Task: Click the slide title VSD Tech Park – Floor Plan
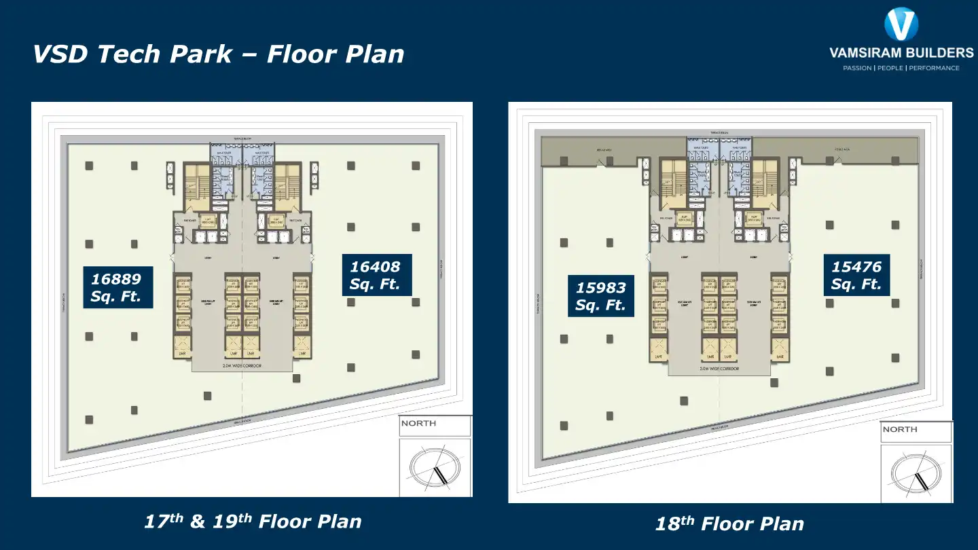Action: coord(218,54)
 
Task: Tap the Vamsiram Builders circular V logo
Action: coord(901,24)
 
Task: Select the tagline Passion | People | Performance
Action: coord(901,68)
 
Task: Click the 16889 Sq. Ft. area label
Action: coord(117,288)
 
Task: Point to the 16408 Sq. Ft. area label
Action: coord(376,276)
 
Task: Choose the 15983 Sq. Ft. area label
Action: coord(601,297)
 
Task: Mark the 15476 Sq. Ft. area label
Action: coord(856,276)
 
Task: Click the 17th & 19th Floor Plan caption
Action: coord(253,521)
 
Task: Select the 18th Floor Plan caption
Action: coord(729,524)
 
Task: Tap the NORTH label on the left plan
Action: coord(418,424)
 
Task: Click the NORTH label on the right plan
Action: coord(900,429)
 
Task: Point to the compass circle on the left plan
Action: coord(435,467)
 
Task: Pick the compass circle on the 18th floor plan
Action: coord(916,473)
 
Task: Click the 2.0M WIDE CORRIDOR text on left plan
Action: coord(242,366)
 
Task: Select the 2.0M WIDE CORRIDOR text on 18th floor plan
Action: coord(719,369)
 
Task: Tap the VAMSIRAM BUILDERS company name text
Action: coord(901,53)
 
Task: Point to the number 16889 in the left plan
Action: coord(116,279)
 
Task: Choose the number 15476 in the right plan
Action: coord(856,267)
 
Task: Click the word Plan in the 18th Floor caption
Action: coord(780,524)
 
